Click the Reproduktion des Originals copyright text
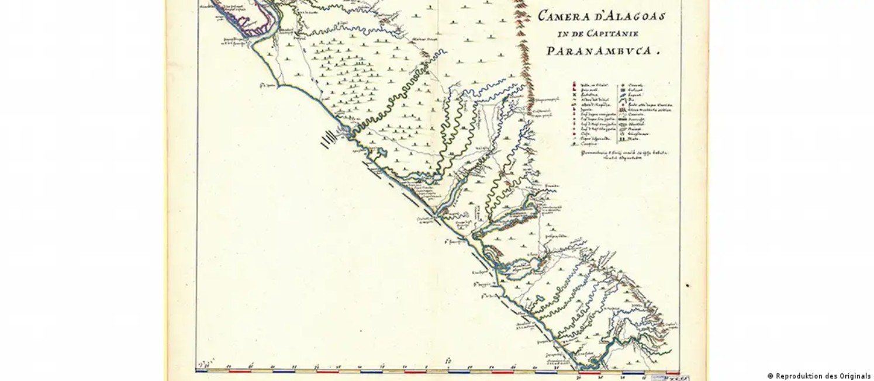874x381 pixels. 818,376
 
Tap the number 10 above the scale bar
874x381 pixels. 448,361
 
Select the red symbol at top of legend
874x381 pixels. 575,85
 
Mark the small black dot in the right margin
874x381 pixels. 688,286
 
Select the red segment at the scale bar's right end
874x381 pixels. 672,372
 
